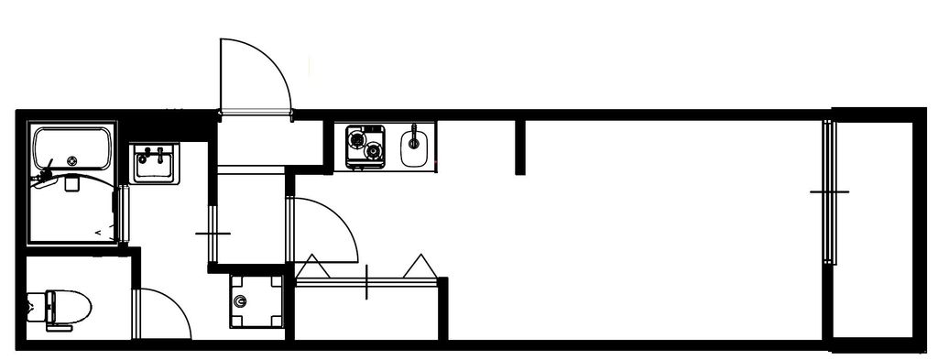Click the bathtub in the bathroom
pyautogui.click(x=72, y=148)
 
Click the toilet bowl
pyautogui.click(x=71, y=307)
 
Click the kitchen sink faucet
pyautogui.click(x=414, y=136)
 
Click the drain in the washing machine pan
pyautogui.click(x=241, y=301)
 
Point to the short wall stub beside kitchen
pyautogui.click(x=520, y=147)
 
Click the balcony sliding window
pyautogui.click(x=829, y=192)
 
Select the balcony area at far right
pyautogui.click(x=874, y=229)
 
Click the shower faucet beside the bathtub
pyautogui.click(x=45, y=173)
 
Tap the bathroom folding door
pyautogui.click(x=120, y=215)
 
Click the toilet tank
pyautogui.click(x=35, y=308)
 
